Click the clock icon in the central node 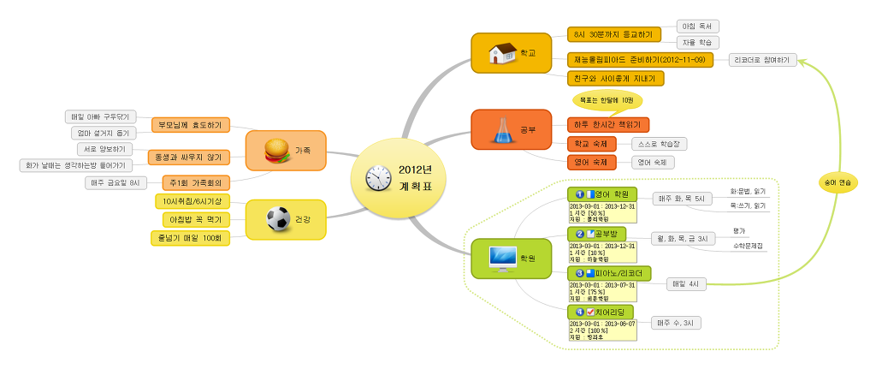[x=377, y=178]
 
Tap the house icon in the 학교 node [x=500, y=53]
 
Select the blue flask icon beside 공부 [x=499, y=128]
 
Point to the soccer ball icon [x=278, y=220]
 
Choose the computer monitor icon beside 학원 [x=501, y=256]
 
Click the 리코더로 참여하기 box [x=763, y=59]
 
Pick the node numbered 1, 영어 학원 [x=602, y=194]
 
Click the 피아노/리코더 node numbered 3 [x=608, y=273]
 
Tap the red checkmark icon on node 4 [x=590, y=312]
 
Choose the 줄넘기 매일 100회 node [x=190, y=236]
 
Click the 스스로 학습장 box [x=659, y=144]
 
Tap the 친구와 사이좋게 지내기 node [x=615, y=79]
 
